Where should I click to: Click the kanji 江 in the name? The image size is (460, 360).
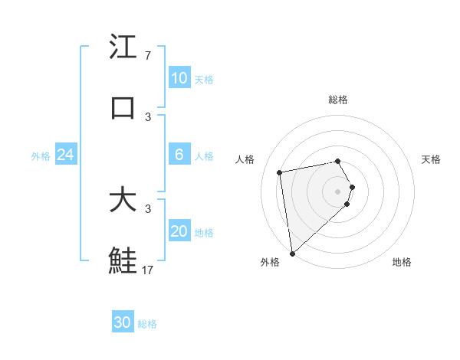pyautogui.click(x=123, y=47)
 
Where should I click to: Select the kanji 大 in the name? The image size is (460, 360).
pyautogui.click(x=123, y=201)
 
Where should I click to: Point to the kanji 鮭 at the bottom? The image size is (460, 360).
pyautogui.click(x=123, y=260)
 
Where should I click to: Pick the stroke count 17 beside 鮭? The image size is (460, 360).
pyautogui.click(x=148, y=270)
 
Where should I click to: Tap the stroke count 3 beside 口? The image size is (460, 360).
pyautogui.click(x=148, y=116)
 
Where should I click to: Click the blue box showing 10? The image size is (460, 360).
pyautogui.click(x=179, y=78)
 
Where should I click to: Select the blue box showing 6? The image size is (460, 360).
pyautogui.click(x=179, y=155)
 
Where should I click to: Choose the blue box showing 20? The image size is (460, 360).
pyautogui.click(x=179, y=231)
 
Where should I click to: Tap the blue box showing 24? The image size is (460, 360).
pyautogui.click(x=65, y=155)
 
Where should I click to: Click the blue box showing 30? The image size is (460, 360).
pyautogui.click(x=123, y=322)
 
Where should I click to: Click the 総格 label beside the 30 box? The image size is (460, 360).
pyautogui.click(x=147, y=324)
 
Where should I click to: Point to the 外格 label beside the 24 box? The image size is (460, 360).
pyautogui.click(x=41, y=156)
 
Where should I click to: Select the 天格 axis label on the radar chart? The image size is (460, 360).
pyautogui.click(x=431, y=159)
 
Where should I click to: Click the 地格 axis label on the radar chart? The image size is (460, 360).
pyautogui.click(x=402, y=262)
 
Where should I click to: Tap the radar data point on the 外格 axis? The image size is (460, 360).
pyautogui.click(x=292, y=253)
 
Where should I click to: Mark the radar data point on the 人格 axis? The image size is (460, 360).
pyautogui.click(x=280, y=172)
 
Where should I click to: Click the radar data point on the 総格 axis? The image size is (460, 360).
pyautogui.click(x=337, y=161)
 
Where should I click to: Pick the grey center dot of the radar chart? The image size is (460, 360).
pyautogui.click(x=337, y=191)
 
